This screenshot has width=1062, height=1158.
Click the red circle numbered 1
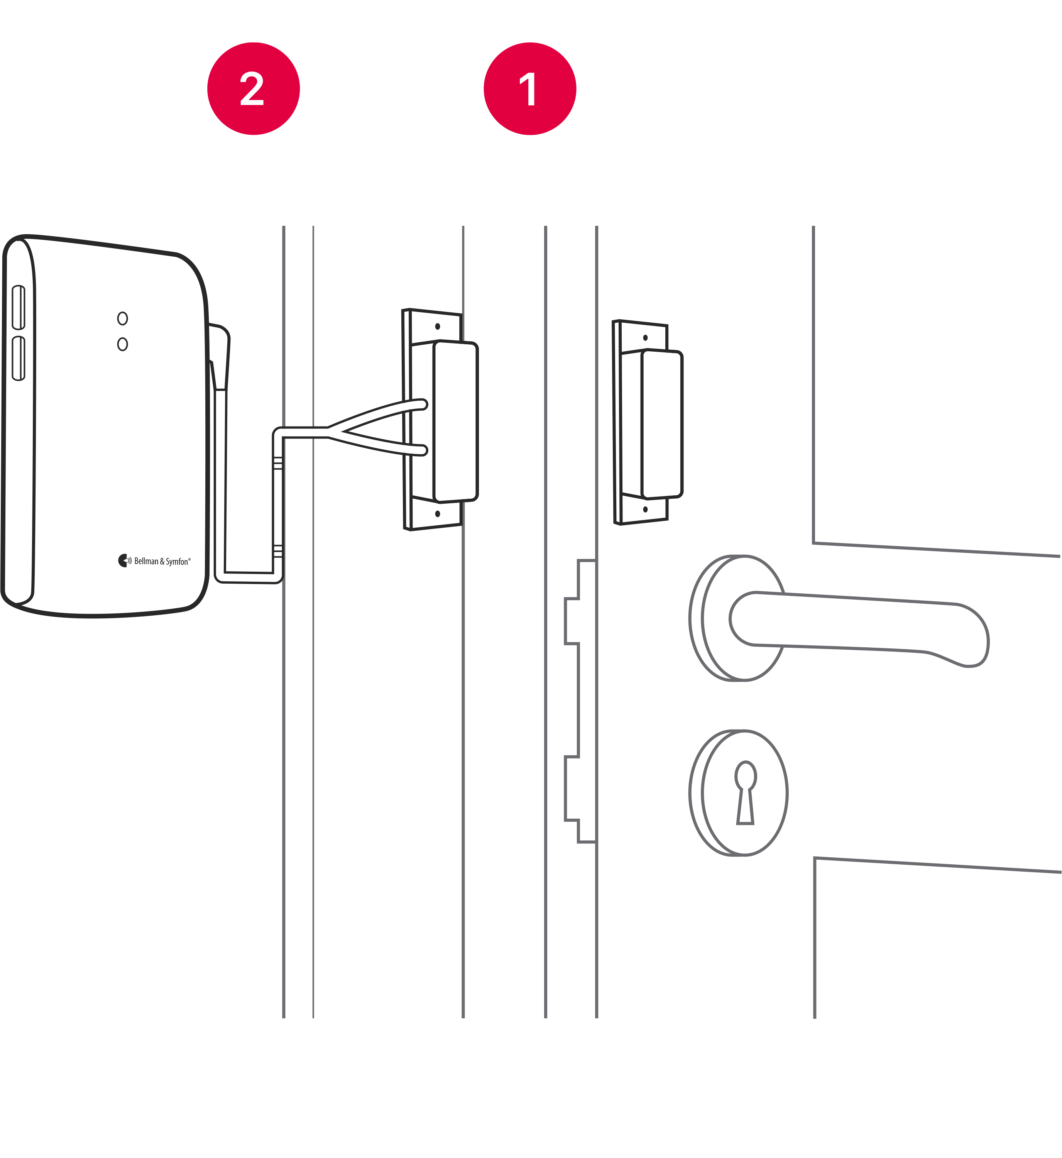(529, 88)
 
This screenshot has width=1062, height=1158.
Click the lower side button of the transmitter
(19, 358)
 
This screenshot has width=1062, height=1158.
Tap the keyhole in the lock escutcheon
(745, 793)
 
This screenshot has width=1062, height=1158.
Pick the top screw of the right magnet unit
(645, 337)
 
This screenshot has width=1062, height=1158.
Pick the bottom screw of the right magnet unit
(645, 509)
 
